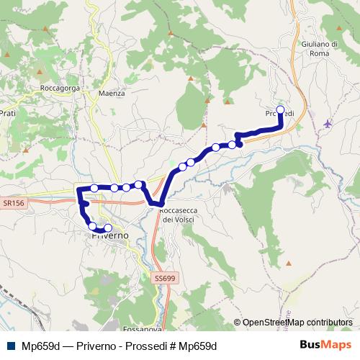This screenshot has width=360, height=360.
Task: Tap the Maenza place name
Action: tap(112, 93)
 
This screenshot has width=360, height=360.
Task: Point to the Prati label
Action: tap(8, 113)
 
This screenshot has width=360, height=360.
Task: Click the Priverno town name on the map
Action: tap(108, 235)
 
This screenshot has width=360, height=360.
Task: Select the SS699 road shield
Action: tap(165, 277)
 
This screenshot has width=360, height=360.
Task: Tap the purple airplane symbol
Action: tap(328, 123)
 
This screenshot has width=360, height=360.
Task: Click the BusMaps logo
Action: tap(331, 346)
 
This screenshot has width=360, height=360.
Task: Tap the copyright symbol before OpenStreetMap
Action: tap(238, 323)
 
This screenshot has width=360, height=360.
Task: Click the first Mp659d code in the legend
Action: tap(40, 346)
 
